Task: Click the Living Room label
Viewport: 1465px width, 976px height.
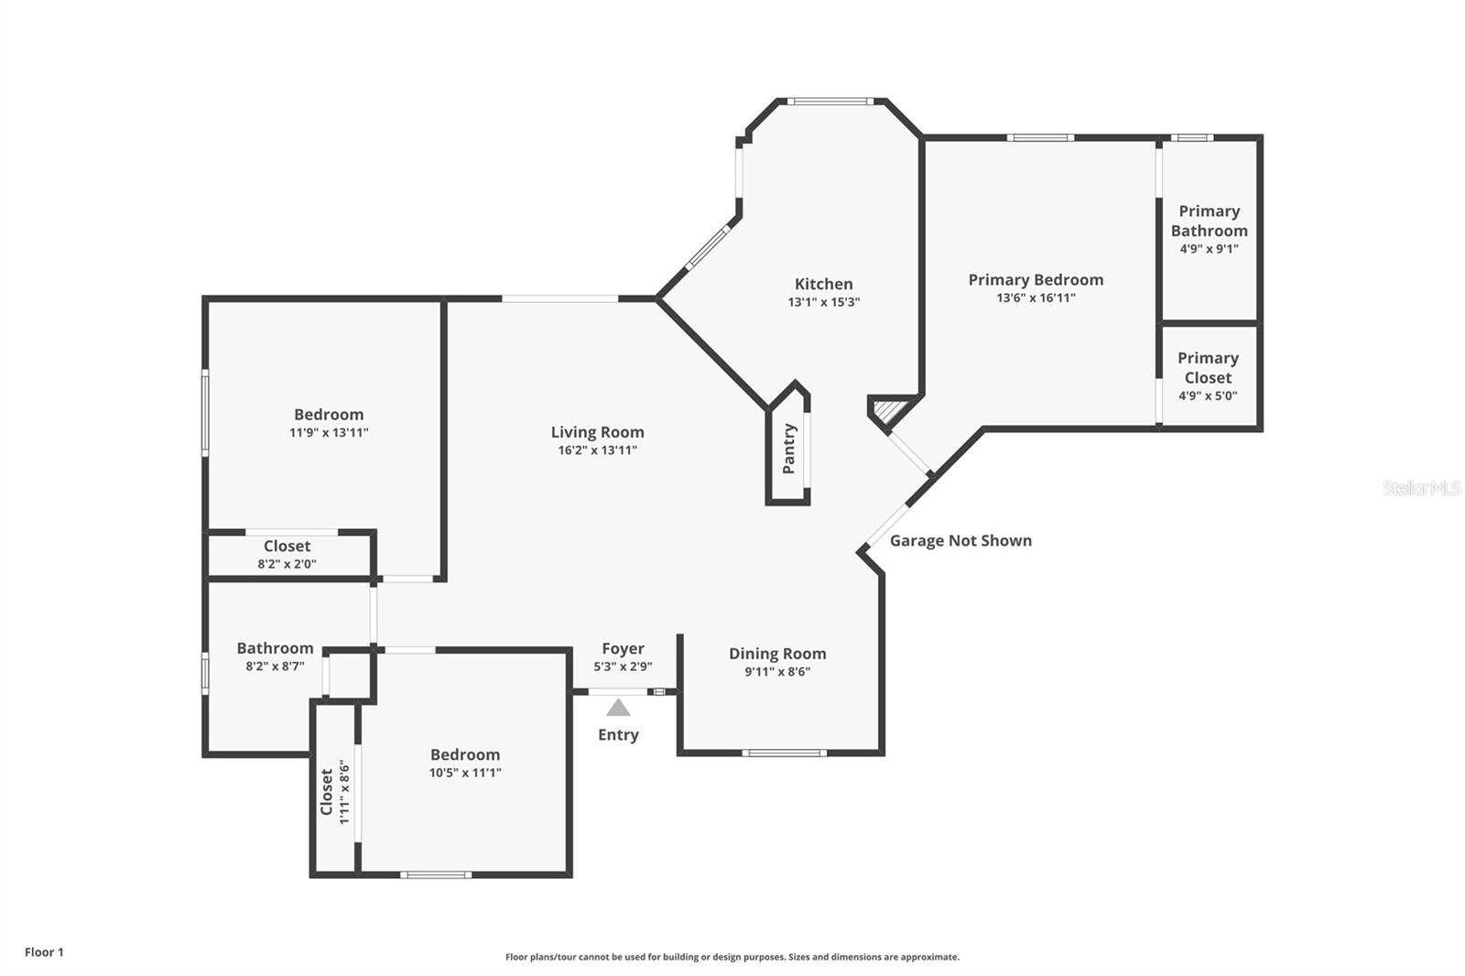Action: coord(597,432)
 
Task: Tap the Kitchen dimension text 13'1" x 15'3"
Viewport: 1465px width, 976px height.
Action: coord(823,302)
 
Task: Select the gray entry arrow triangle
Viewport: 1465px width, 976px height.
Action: coord(618,708)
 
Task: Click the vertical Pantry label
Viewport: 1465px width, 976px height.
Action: coord(788,449)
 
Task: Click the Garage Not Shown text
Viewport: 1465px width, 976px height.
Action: coord(960,540)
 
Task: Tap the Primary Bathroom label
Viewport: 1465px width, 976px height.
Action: coord(1209,221)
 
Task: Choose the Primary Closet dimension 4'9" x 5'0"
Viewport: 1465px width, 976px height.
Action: coord(1208,396)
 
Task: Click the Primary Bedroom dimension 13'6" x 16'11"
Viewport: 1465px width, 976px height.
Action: coord(1036,298)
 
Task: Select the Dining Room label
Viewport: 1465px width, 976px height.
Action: coord(777,654)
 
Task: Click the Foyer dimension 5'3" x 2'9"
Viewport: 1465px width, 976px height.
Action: coord(623,667)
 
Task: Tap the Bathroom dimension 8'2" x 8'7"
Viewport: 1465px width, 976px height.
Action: coord(275,667)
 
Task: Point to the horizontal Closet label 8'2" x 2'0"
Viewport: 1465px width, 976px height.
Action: coord(287,547)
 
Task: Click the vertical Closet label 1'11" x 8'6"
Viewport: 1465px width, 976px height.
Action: coord(327,791)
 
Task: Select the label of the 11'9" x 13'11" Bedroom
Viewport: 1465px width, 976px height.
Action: coord(329,415)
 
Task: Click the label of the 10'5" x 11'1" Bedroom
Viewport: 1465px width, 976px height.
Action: coord(465,754)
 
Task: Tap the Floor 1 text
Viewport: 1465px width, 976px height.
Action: coord(44,952)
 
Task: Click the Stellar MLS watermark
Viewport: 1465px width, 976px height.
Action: coord(1421,488)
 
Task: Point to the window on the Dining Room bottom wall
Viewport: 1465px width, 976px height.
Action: coord(784,754)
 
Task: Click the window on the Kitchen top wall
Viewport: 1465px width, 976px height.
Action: coord(831,102)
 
